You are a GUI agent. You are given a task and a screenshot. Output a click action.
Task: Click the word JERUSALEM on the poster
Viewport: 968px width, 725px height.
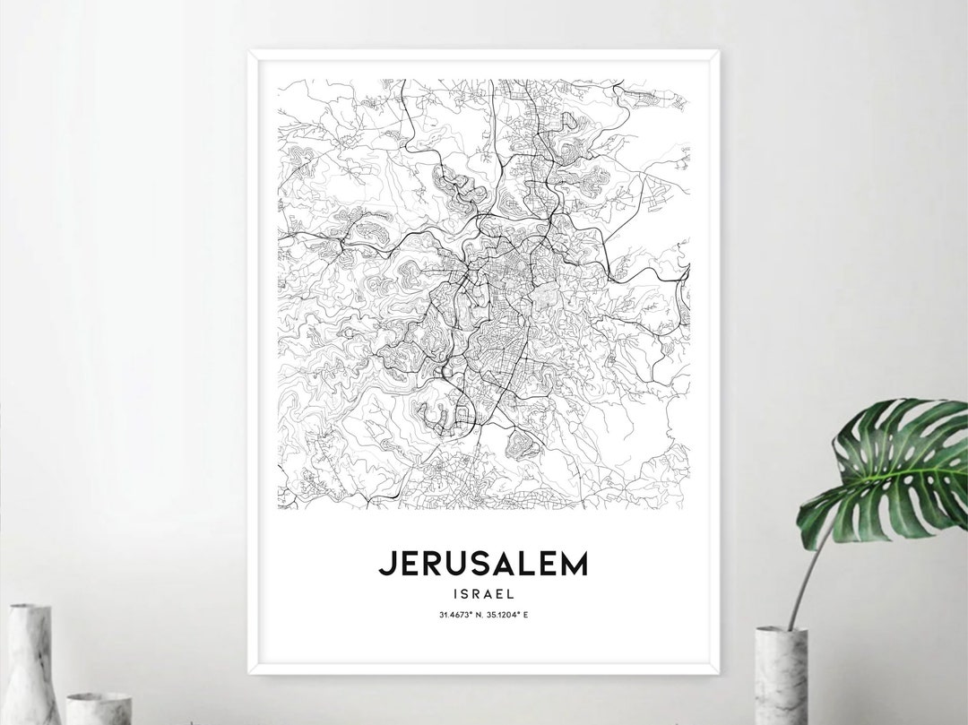pos(483,563)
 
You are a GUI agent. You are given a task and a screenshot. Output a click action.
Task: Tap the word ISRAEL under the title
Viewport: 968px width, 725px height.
pos(484,592)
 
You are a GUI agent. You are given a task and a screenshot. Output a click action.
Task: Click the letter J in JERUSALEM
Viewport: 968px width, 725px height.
pos(385,564)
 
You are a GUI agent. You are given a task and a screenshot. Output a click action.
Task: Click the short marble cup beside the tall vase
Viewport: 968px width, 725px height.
pos(99,708)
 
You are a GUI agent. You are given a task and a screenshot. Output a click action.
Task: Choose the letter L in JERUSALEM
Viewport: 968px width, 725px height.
pos(522,563)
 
